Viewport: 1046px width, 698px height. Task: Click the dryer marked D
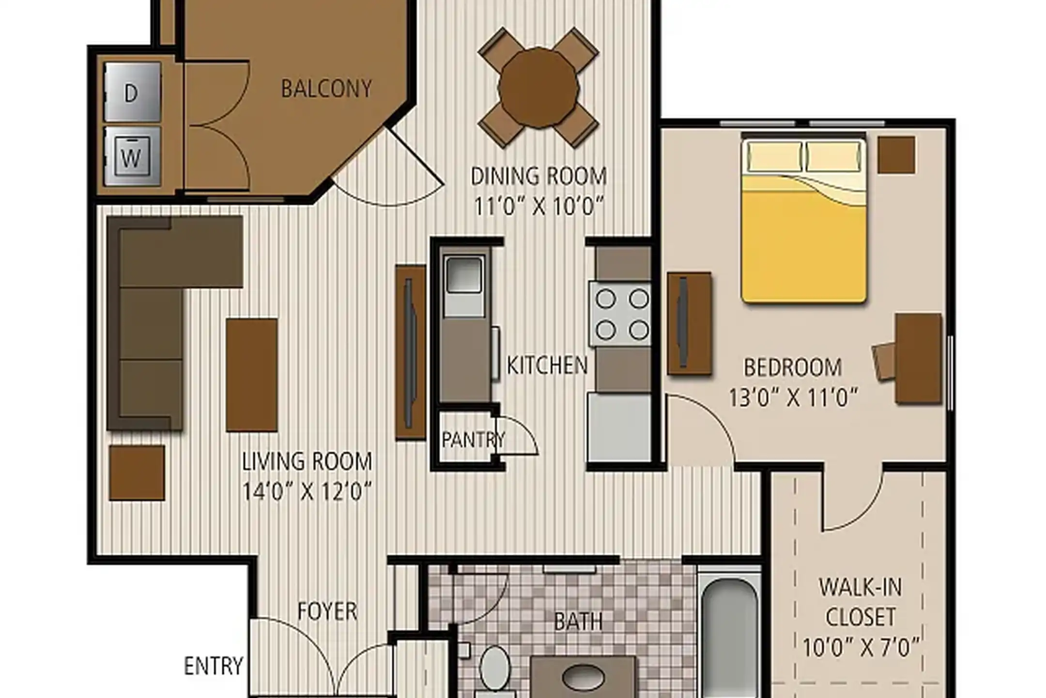[132, 92]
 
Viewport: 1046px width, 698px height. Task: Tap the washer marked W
[132, 157]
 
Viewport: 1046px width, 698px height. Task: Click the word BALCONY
[326, 89]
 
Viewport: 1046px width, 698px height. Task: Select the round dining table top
[538, 88]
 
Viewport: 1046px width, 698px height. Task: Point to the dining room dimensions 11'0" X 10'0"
[538, 206]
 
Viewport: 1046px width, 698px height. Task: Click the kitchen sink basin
[464, 275]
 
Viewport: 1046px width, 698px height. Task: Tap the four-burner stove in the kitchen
[620, 314]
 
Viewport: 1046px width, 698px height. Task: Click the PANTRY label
[473, 440]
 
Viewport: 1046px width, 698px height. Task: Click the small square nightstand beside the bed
[896, 155]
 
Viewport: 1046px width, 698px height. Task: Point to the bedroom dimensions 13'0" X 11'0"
[793, 398]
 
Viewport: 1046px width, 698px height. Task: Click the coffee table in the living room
[251, 375]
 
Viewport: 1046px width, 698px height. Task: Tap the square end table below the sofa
[137, 473]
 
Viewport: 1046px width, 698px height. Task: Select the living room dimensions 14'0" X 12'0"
[307, 492]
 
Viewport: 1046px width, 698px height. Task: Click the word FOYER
[327, 611]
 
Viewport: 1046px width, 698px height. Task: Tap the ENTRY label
[213, 666]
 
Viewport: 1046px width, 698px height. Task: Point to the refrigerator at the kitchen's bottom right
[618, 427]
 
